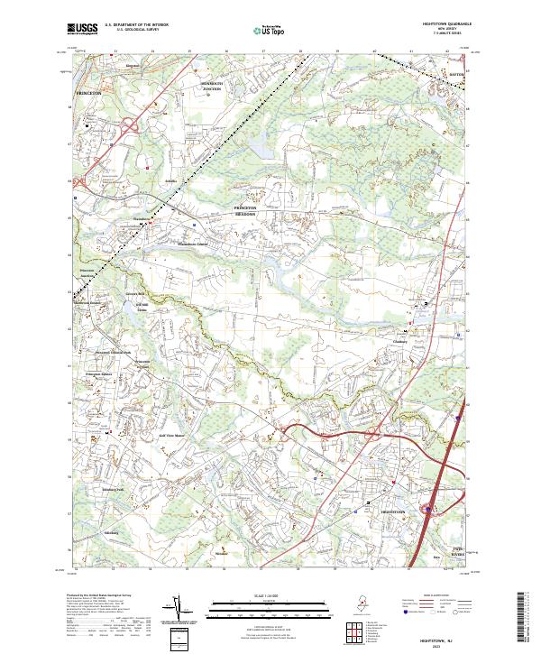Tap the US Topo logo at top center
[x=268, y=31]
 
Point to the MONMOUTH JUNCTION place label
[x=210, y=88]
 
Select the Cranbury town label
[x=400, y=341]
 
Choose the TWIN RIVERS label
[x=460, y=548]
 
